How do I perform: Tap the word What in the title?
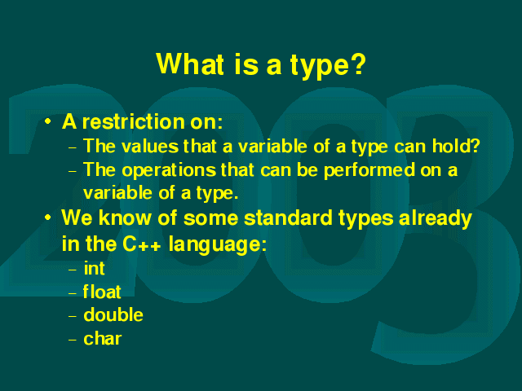point(190,64)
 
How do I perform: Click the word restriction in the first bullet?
point(134,121)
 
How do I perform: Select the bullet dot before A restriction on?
point(48,121)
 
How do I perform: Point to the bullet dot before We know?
point(48,217)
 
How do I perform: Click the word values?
point(150,146)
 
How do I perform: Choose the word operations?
point(169,170)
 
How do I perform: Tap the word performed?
point(369,170)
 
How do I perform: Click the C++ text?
point(142,244)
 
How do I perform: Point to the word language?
point(218,245)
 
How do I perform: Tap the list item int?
point(95,268)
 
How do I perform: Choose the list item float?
point(102,292)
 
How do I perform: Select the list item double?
point(113,314)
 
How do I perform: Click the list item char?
point(103,339)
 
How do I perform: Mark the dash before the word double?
point(73,316)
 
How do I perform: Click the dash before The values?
point(73,147)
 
